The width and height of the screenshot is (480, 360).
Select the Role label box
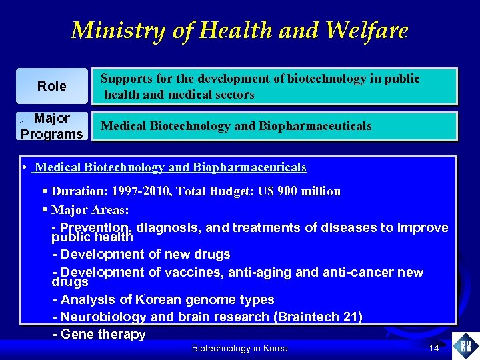pos(52,86)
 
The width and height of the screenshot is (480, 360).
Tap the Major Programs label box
pos(52,126)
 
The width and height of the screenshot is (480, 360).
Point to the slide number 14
pos(433,348)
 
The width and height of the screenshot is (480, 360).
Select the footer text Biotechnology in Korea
pos(239,348)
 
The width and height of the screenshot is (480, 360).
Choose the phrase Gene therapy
pos(103,334)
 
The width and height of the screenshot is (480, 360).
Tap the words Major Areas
pos(90,210)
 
